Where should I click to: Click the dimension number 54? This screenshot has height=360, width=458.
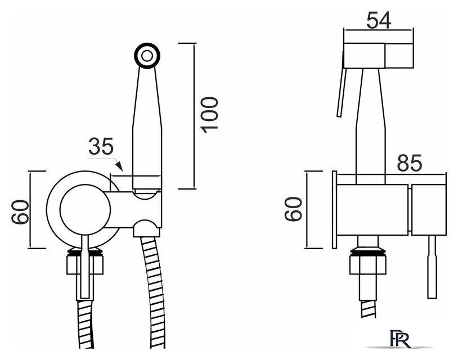pos(379,20)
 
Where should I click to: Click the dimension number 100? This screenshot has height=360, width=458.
pos(209,115)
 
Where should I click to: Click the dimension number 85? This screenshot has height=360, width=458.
pos(410,163)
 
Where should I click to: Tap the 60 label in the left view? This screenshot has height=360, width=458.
pos(20,211)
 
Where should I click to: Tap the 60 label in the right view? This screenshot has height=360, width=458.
pos(293,209)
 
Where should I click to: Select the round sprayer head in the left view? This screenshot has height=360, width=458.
pos(147,56)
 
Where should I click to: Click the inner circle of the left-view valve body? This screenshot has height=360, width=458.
pos(85,209)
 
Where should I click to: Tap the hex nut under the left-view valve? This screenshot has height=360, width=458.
pos(85,264)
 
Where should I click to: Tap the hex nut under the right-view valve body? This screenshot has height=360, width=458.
pos(368,264)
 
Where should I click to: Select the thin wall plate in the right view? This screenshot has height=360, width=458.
pos(334,209)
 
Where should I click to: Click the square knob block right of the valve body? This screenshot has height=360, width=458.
pos(429,209)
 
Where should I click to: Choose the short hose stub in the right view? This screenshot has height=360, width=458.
pos(368,309)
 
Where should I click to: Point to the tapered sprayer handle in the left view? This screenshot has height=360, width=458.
pos(147,128)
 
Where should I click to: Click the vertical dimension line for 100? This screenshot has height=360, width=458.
pos(194,116)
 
